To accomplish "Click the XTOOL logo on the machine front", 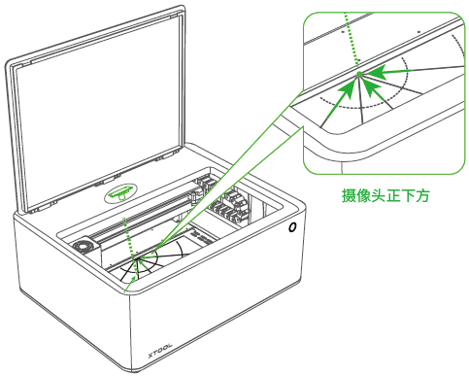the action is [x=160, y=351].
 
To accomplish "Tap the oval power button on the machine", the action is [x=292, y=227].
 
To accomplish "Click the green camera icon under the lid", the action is [x=120, y=193].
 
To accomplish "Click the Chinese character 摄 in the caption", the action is [x=349, y=195].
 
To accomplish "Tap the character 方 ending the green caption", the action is [x=422, y=195].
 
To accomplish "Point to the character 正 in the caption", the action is [x=393, y=195].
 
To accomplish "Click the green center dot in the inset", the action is [x=359, y=75].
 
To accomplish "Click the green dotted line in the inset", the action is [x=352, y=42].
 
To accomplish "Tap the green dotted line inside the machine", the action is [x=129, y=237].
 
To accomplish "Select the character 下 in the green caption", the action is [x=408, y=195].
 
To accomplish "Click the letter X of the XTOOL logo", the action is [x=151, y=356].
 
